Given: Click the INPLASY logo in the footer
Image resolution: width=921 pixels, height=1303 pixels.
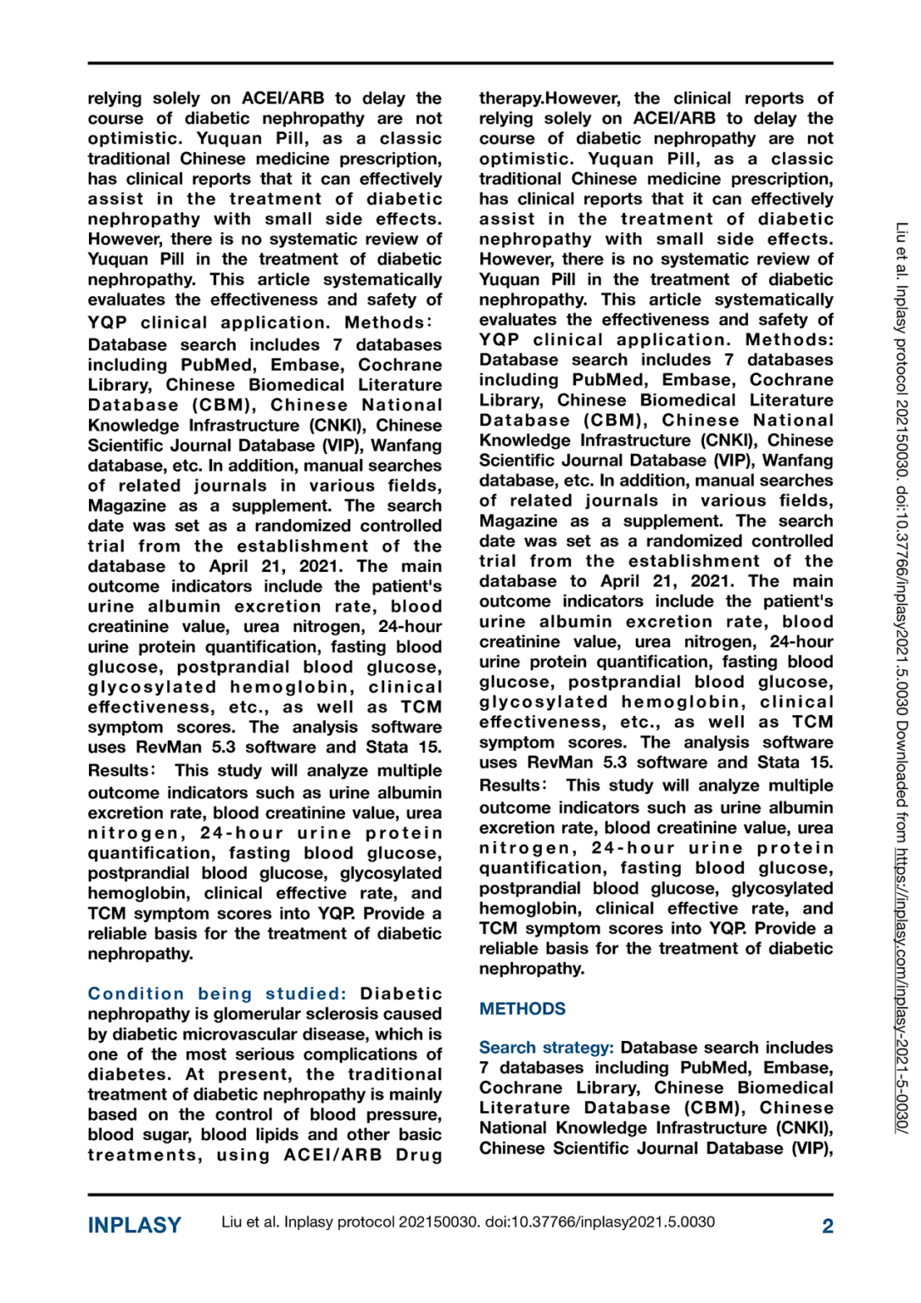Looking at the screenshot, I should coord(134,1225).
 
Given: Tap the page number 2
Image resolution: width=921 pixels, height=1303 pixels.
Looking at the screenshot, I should coord(827,1226).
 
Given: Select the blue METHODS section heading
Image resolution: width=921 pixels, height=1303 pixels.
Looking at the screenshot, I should coord(522,1009).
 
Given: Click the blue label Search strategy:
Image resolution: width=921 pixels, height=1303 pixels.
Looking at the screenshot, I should coord(546,1048).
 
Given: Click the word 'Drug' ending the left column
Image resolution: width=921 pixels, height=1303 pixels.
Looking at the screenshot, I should coord(419,1155).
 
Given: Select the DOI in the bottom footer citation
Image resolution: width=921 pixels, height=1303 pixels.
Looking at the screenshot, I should coord(600,1222).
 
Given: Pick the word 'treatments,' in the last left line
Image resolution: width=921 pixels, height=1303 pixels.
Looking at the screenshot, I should coord(145,1155).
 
